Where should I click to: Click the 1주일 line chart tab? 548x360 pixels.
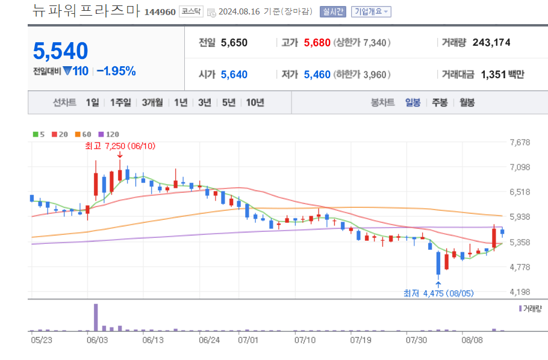click(120, 103)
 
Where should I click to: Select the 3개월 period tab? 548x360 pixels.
click(152, 103)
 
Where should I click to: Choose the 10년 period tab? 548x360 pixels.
click(255, 103)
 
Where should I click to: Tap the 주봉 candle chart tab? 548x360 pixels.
click(439, 103)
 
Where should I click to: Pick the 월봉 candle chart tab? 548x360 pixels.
click(467, 103)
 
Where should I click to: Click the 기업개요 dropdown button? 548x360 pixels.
click(371, 11)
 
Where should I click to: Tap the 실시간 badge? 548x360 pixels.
click(333, 11)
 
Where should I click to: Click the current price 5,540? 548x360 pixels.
click(61, 51)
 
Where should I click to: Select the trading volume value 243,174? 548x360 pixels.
click(491, 43)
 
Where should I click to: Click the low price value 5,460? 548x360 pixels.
click(317, 75)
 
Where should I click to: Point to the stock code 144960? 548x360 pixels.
click(160, 12)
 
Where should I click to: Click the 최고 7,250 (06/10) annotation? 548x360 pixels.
click(120, 146)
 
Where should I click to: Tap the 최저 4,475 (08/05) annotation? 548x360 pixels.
click(437, 294)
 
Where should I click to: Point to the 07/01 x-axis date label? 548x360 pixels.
click(248, 340)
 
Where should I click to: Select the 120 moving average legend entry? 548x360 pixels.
click(110, 134)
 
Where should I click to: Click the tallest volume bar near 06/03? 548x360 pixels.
click(95, 317)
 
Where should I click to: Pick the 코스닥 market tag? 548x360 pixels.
click(191, 12)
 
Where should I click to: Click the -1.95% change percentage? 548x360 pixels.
click(116, 71)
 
